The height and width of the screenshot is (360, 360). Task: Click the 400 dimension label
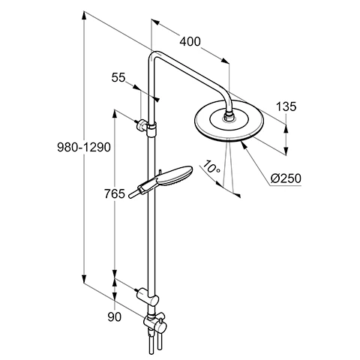point(190,43)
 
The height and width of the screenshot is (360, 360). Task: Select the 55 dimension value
point(119,77)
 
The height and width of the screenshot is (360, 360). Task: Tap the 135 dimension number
point(286,106)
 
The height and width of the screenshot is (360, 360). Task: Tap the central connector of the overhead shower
point(228,117)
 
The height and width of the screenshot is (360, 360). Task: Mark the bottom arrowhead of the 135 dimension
point(286,148)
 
